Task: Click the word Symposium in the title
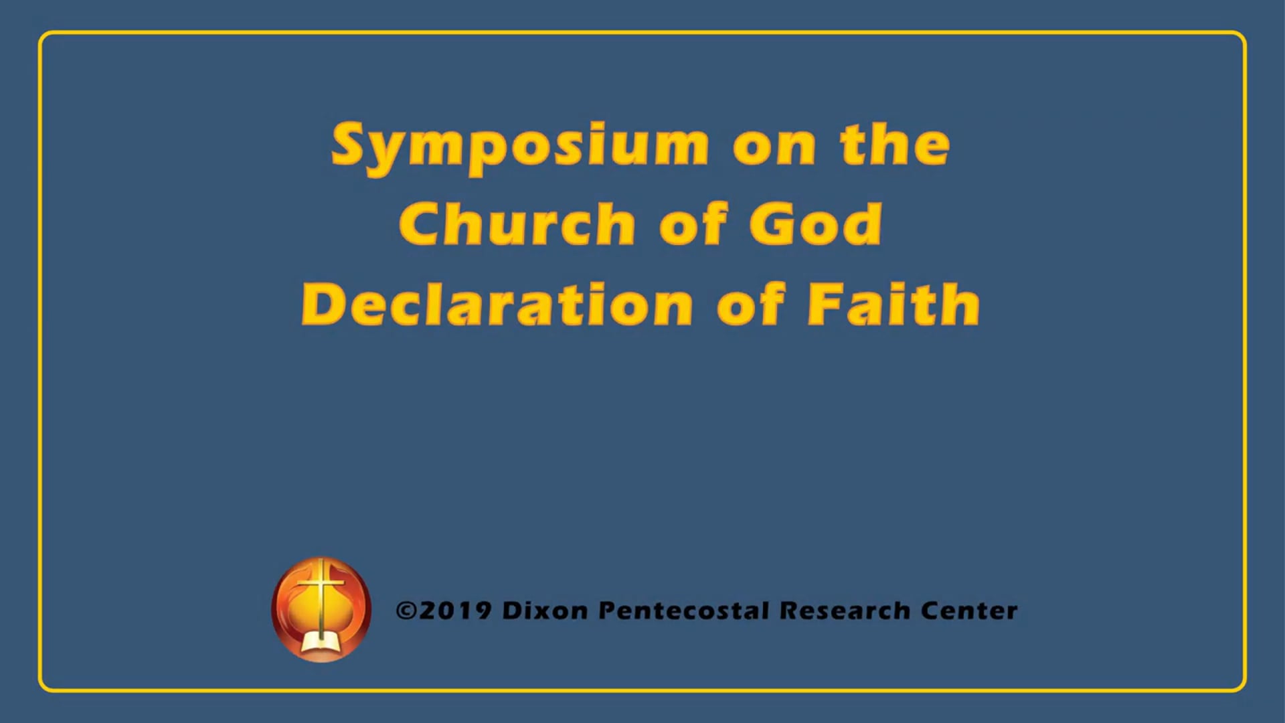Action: [x=520, y=145]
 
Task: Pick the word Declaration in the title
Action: [x=497, y=305]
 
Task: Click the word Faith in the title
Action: [x=893, y=304]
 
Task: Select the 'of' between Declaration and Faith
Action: [x=750, y=304]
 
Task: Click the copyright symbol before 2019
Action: [x=406, y=610]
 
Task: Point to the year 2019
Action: [x=455, y=610]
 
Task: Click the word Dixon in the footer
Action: [x=545, y=610]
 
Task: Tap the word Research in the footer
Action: [x=845, y=610]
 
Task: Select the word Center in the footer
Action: [x=969, y=610]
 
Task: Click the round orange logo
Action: [x=321, y=609]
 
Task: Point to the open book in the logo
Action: [x=321, y=643]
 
